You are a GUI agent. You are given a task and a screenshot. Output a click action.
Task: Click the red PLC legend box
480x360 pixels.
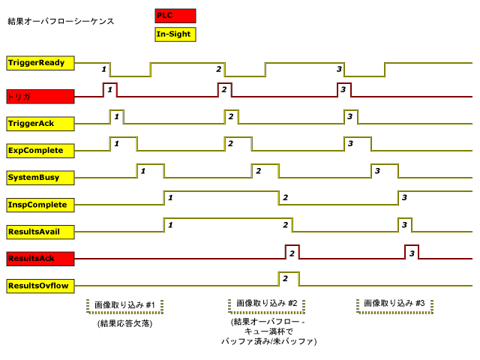[175, 16]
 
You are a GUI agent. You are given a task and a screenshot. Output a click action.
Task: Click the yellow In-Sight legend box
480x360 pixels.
[175, 34]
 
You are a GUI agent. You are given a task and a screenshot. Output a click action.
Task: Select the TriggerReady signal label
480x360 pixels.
[40, 63]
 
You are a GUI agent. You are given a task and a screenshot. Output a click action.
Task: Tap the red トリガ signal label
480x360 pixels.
[40, 96]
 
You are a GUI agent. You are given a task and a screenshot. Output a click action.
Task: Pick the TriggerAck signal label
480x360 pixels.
[40, 123]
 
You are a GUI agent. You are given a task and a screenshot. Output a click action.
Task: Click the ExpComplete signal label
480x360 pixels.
[40, 150]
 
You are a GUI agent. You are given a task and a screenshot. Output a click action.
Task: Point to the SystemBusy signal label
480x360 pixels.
[40, 178]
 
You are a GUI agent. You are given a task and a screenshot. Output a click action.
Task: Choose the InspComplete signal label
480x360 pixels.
[40, 204]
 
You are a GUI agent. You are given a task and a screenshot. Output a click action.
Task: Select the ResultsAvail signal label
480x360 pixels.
[40, 231]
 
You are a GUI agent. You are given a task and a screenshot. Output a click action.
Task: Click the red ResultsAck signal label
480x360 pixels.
[40, 258]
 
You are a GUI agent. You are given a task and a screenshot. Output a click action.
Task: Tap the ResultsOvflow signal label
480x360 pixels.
[40, 286]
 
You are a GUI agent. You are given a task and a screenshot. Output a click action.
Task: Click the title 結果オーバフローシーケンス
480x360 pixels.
[61, 21]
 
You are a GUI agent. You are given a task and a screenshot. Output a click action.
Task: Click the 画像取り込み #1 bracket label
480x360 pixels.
[125, 305]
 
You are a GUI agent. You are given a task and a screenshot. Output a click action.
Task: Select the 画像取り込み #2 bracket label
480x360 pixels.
[267, 304]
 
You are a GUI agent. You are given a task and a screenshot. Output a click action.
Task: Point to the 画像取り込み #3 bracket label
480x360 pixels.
[394, 304]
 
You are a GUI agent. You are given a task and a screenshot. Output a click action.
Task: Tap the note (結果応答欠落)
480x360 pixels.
[125, 324]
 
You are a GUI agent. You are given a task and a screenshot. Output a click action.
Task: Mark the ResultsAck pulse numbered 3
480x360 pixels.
[412, 252]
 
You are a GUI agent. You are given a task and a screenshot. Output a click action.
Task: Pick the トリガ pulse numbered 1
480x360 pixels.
[109, 89]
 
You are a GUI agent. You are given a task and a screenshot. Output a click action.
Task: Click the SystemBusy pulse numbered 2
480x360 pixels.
[265, 171]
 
